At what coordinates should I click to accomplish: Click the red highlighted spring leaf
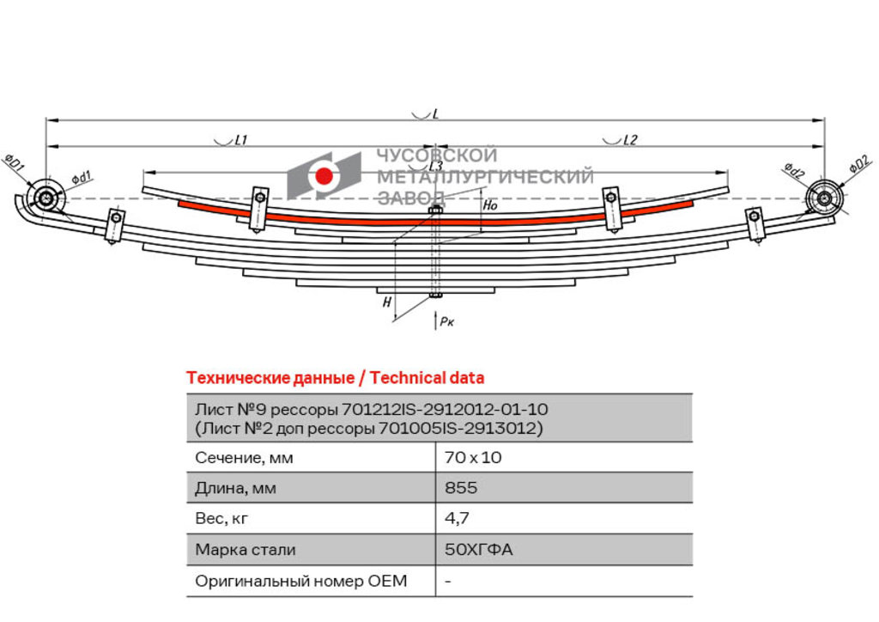click(435, 221)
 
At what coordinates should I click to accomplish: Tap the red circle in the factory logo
click(324, 175)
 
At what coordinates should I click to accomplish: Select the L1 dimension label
click(240, 140)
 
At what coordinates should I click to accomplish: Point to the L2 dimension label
click(630, 140)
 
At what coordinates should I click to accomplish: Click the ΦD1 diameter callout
click(14, 163)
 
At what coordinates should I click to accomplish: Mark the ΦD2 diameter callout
click(860, 165)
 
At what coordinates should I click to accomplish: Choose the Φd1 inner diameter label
click(81, 178)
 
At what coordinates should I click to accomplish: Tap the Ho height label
click(490, 205)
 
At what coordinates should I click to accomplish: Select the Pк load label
click(446, 321)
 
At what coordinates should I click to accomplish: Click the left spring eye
click(45, 198)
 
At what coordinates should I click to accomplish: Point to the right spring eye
click(824, 198)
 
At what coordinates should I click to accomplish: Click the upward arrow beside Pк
click(435, 320)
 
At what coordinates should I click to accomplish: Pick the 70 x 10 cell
click(473, 458)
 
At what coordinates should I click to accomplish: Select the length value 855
click(461, 487)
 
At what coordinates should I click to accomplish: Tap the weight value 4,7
click(457, 518)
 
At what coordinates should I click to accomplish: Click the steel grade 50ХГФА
click(478, 549)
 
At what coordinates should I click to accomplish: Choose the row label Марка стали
click(245, 550)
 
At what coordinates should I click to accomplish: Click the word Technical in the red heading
click(408, 378)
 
